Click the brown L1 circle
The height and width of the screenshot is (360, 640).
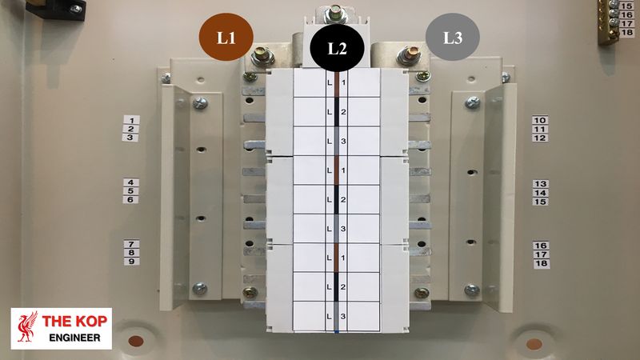[x=226, y=37]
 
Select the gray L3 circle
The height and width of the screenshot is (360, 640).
[x=452, y=37]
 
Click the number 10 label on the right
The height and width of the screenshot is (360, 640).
[x=541, y=120]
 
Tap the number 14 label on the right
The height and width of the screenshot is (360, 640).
[x=541, y=193]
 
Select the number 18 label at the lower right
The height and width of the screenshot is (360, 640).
[x=541, y=263]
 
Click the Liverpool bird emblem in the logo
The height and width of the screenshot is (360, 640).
[x=27, y=328]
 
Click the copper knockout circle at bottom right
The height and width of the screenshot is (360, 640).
[x=534, y=344]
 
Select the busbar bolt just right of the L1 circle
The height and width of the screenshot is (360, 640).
[x=262, y=58]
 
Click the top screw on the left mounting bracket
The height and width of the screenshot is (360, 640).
[x=200, y=103]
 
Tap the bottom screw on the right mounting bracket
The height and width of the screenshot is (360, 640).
[x=472, y=290]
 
